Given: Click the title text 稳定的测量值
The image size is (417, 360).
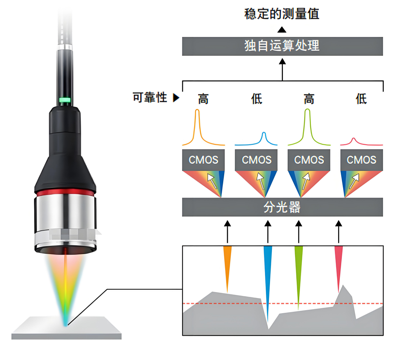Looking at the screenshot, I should coord(282,14).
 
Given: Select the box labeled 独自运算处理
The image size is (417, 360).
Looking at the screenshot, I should coord(282,46).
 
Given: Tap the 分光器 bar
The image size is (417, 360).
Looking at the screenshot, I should coord(282,207).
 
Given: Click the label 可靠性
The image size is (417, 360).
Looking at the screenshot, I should coord(150,98).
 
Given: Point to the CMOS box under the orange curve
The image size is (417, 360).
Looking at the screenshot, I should coord(203,160).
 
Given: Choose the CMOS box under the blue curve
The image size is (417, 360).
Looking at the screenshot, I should coord(256,160).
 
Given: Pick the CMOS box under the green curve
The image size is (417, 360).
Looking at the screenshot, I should coord(309,160).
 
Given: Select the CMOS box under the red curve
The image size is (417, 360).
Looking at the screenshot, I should coord(361,160).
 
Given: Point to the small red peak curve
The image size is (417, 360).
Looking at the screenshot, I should coord(353,141).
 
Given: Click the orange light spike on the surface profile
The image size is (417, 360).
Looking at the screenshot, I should coord(227,264).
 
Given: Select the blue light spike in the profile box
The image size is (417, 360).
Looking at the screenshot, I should coord(268,274).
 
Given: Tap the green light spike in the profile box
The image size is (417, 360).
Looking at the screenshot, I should coord(298,271).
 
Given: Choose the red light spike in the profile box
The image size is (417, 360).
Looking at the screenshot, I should coord(339,264).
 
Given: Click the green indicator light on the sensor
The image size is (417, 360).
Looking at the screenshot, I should coord(65,100).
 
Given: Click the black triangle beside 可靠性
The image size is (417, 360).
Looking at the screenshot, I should coord(176,97).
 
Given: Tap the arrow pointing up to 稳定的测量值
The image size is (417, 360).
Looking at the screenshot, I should coord(282,30).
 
